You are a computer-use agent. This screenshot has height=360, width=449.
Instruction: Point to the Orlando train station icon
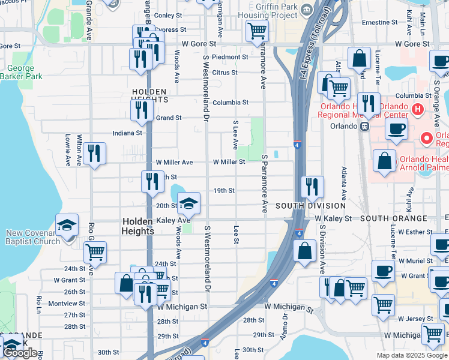coord(364,126)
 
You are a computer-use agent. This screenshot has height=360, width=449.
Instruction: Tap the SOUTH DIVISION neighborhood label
coord(303,206)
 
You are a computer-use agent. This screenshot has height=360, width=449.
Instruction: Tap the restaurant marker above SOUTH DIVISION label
coord(312,186)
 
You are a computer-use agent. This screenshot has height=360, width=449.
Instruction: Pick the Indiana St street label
coord(127,133)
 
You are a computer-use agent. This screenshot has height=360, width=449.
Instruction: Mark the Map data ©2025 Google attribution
coord(411,355)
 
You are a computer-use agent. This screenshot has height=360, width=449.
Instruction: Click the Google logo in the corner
coord(20,353)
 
